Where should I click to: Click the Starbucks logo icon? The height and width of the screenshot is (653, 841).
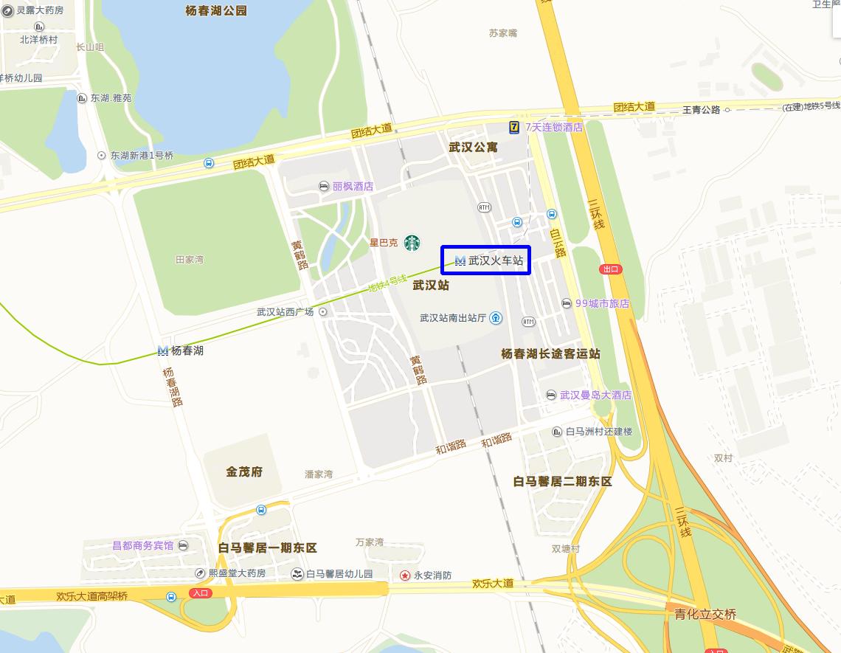point(412,242)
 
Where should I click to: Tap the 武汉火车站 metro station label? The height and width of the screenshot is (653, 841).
point(489,260)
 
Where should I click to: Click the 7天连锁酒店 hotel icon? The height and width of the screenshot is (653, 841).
point(514,127)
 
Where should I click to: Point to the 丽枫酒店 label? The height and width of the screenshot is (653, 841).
point(353,186)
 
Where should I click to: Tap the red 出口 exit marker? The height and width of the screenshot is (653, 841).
point(611,269)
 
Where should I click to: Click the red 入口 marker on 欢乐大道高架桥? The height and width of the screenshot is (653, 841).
point(200,592)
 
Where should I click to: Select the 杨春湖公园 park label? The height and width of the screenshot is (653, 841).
point(216,10)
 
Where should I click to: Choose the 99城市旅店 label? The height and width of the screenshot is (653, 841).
point(602,303)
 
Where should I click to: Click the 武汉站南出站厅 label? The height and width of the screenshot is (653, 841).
point(453,318)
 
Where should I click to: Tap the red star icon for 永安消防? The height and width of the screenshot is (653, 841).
point(405,575)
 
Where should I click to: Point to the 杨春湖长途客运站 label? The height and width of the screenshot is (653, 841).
point(550,354)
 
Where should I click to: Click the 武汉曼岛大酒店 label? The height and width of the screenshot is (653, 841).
point(595,395)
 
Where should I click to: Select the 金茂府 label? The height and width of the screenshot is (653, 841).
point(244,471)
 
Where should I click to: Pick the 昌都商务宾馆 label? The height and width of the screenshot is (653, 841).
point(142,545)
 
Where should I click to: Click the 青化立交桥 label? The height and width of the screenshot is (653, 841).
point(705,615)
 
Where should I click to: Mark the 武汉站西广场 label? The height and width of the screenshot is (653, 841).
point(285,312)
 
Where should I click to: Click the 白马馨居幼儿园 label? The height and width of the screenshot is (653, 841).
point(339,573)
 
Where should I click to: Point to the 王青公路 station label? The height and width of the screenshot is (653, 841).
point(701,110)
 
